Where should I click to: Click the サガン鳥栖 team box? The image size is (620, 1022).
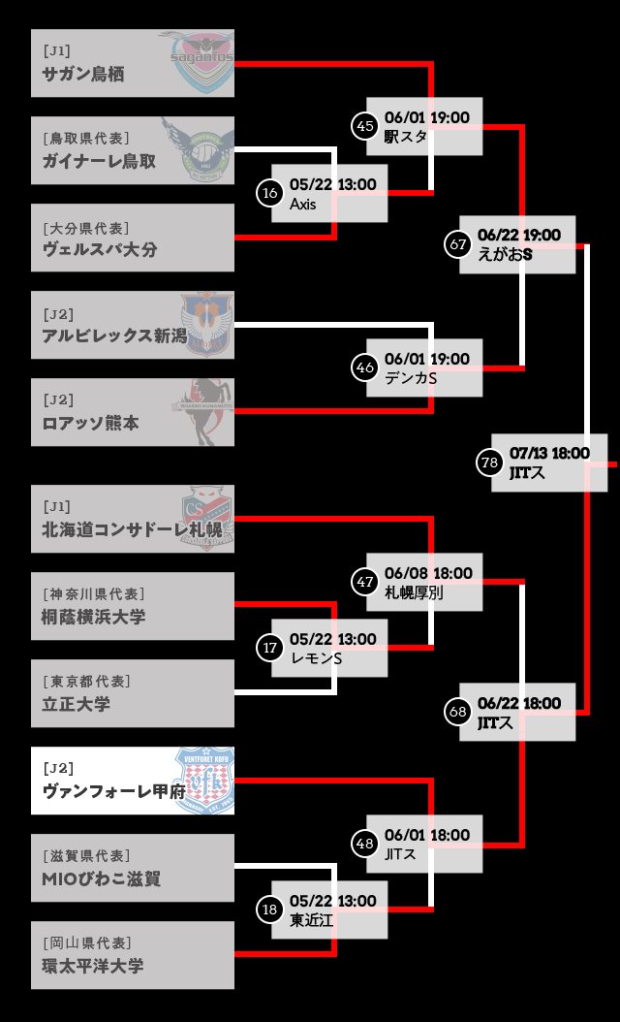point(133,63)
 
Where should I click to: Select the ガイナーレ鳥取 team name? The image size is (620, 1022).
point(99,162)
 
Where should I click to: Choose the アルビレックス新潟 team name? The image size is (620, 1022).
point(114,336)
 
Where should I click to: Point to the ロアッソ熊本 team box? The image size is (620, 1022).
point(133,412)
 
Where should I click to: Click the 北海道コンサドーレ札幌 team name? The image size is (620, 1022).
point(132,530)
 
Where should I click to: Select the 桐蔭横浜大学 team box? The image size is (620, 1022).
point(133,606)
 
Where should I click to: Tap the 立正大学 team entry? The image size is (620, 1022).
point(133,693)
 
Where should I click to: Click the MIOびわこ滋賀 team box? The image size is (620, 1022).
point(133,868)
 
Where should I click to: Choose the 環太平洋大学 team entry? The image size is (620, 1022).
point(133,955)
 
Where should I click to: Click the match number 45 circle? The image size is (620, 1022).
point(365,126)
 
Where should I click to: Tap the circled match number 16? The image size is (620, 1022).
point(270,194)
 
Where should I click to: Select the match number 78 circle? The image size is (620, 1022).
point(490,463)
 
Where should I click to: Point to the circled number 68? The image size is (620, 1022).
point(458,712)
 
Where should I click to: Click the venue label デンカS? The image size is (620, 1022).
point(411,379)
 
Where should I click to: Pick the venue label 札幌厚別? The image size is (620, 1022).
point(414,593)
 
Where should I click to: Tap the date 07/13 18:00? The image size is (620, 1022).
point(549,453)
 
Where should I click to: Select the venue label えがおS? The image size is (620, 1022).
point(505,254)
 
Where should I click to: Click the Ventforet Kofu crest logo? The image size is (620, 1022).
point(203,781)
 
